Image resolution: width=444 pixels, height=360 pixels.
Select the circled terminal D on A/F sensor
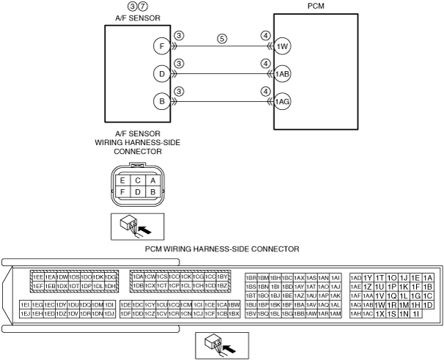(161, 74)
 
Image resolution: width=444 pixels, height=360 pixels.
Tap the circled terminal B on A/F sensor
(161, 102)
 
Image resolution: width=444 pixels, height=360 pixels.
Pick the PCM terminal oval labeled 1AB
(283, 74)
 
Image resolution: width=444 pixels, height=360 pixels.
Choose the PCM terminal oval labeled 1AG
(283, 102)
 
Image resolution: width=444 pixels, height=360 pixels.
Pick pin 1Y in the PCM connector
(369, 278)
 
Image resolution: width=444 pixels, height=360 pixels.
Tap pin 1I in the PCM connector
(416, 314)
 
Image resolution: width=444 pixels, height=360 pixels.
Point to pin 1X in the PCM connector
(380, 314)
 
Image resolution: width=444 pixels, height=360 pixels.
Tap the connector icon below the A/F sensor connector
(137, 226)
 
